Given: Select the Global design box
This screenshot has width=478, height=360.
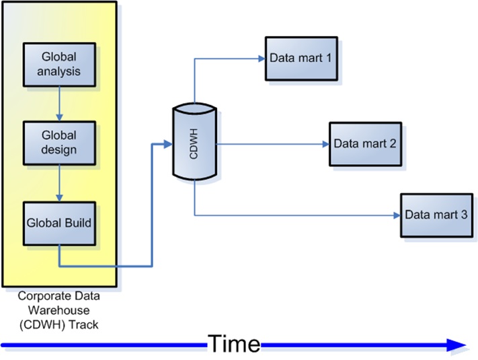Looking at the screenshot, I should (59, 141).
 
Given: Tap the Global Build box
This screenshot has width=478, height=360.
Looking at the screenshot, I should (59, 221).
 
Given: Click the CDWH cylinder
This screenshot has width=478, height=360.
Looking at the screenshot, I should (194, 142).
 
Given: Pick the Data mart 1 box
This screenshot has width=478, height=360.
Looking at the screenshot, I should (301, 59).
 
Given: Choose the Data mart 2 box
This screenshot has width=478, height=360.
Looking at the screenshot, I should (365, 143).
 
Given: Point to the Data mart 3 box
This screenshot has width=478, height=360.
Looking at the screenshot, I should (436, 215).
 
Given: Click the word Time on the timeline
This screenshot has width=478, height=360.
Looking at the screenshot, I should (233, 345).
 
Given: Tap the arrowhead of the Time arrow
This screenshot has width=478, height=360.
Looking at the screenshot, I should (457, 345).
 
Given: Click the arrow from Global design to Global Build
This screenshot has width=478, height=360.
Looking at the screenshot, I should (59, 182).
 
